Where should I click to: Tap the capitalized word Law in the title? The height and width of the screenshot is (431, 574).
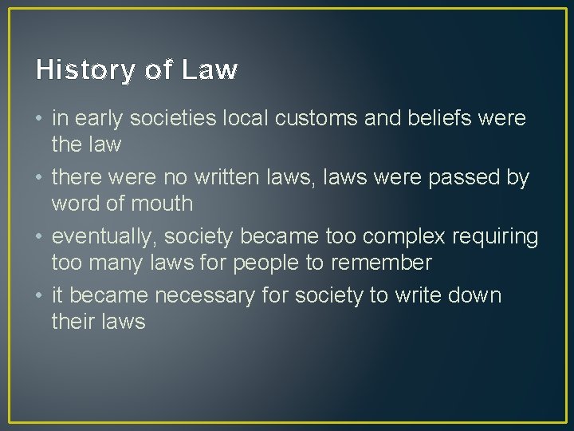[210, 70]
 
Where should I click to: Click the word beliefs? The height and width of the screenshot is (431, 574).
[438, 119]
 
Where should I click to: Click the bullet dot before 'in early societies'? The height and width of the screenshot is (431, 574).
[39, 120]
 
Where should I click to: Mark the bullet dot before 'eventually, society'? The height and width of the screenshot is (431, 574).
[39, 237]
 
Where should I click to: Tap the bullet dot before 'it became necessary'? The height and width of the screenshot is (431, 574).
[39, 296]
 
